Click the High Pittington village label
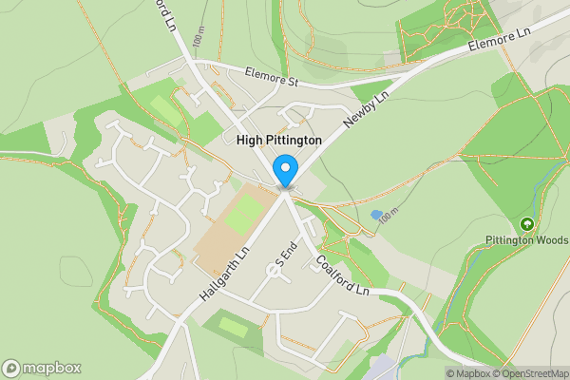pyautogui.click(x=278, y=140)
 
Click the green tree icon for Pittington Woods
pyautogui.click(x=526, y=224)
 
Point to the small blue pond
pyautogui.click(x=376, y=215)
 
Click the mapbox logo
pyautogui.click(x=42, y=368)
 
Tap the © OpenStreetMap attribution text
pyautogui.click(x=530, y=372)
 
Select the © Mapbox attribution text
pyautogui.click(x=468, y=372)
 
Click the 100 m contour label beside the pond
pyautogui.click(x=386, y=219)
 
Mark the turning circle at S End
pyautogui.click(x=273, y=271)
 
